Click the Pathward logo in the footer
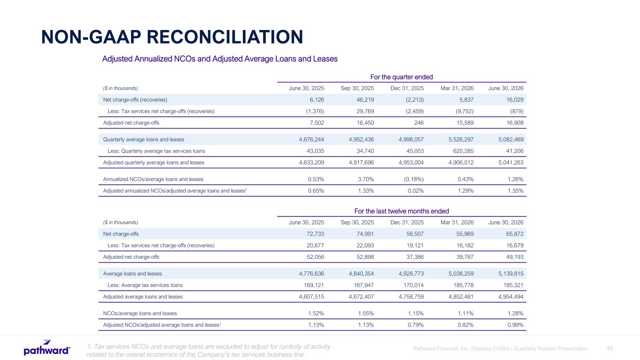(47, 347)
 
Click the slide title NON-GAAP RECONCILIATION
(172, 37)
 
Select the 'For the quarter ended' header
(401, 77)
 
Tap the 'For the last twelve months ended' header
(401, 211)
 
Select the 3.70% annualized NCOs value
(366, 179)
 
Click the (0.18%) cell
(414, 179)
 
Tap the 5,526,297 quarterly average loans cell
(461, 139)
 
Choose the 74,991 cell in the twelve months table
(365, 234)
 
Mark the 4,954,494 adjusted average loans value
(511, 297)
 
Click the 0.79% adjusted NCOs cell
(416, 325)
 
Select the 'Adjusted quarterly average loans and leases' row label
(154, 163)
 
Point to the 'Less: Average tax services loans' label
(145, 285)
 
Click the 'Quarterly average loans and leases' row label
(143, 139)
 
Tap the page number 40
(610, 348)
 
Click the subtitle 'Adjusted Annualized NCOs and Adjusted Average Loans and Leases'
(220, 59)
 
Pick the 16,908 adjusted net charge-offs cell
(515, 123)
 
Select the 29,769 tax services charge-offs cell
(365, 111)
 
